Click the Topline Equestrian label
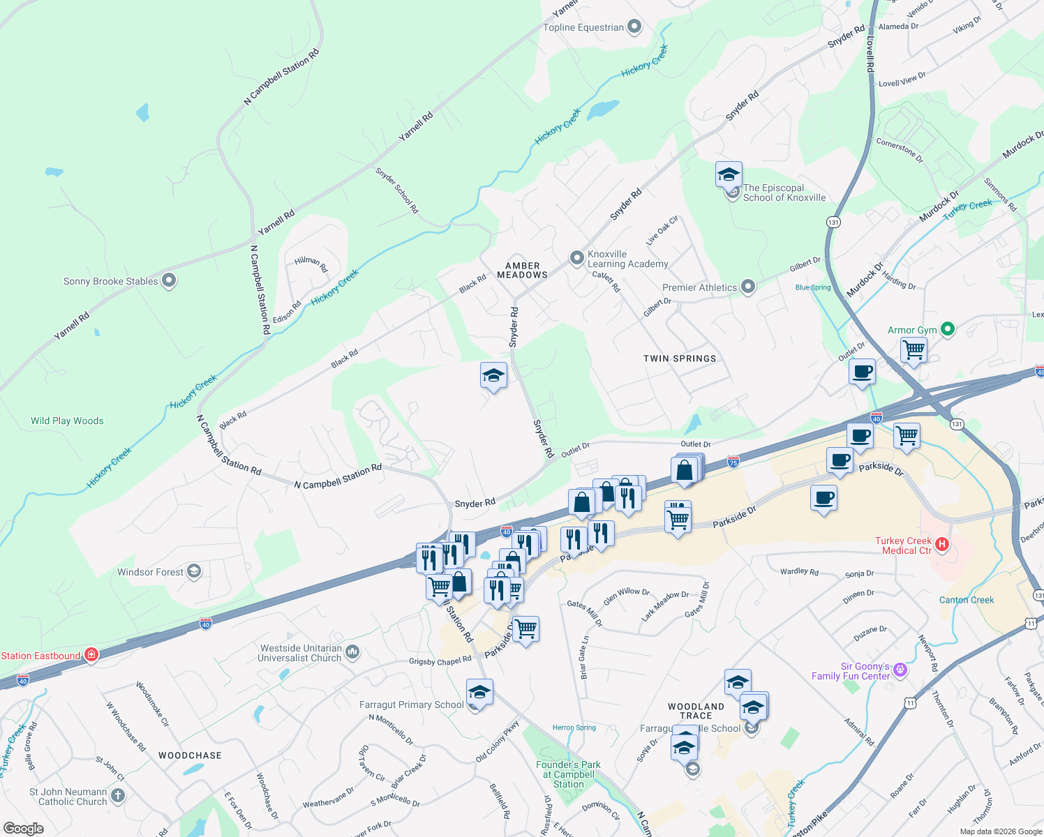pyautogui.click(x=583, y=27)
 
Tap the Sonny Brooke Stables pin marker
pyautogui.click(x=169, y=280)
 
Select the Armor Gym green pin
pyautogui.click(x=947, y=329)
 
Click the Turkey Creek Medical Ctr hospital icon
pyautogui.click(x=941, y=544)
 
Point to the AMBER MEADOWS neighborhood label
pyautogui.click(x=522, y=271)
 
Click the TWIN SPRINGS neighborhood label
pyautogui.click(x=680, y=359)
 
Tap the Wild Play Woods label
pyautogui.click(x=67, y=421)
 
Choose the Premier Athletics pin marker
pyautogui.click(x=748, y=287)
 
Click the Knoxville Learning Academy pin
pyautogui.click(x=576, y=259)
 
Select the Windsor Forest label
pyautogui.click(x=150, y=572)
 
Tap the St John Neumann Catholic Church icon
pyautogui.click(x=117, y=795)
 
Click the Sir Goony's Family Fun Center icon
pyautogui.click(x=900, y=670)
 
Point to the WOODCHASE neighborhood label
pyautogui.click(x=190, y=755)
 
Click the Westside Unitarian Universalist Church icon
pyautogui.click(x=352, y=652)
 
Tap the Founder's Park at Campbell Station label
pyautogui.click(x=568, y=774)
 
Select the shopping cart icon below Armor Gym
pyautogui.click(x=913, y=349)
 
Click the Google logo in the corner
pyautogui.click(x=24, y=829)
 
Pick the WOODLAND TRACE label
pyautogui.click(x=696, y=711)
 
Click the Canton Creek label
pyautogui.click(x=967, y=600)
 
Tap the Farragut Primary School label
pyautogui.click(x=411, y=704)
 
